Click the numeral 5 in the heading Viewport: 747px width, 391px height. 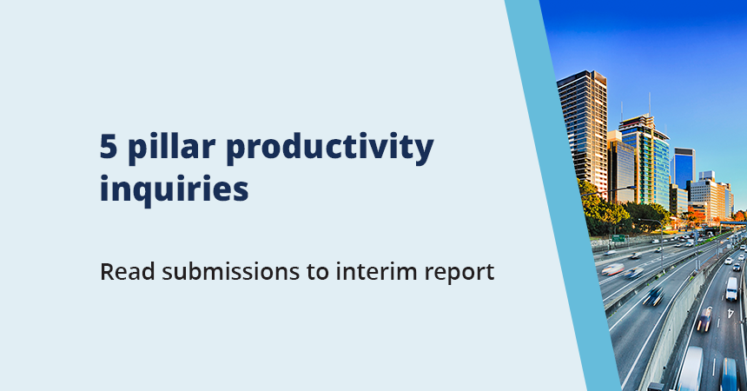[x=109, y=148]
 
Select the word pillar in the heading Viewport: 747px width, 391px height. [x=168, y=148]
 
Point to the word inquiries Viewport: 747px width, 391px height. [x=174, y=188]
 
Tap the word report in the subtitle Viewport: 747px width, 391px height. [x=461, y=272]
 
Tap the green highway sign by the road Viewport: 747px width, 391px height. [x=618, y=237]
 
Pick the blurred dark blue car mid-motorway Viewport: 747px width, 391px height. [x=653, y=295]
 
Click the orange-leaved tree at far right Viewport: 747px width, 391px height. [x=738, y=215]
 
